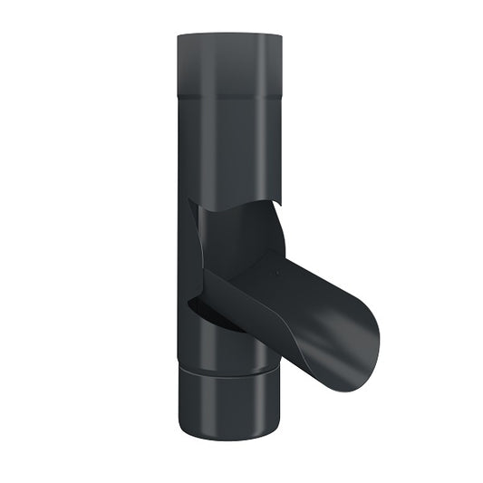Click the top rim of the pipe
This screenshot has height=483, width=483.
point(229,35)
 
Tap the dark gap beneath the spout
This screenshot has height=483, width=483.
point(217,317)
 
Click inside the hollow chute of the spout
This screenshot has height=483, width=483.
point(308,290)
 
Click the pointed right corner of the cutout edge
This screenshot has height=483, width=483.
point(280,204)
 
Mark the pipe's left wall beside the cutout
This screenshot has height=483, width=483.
point(186,254)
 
